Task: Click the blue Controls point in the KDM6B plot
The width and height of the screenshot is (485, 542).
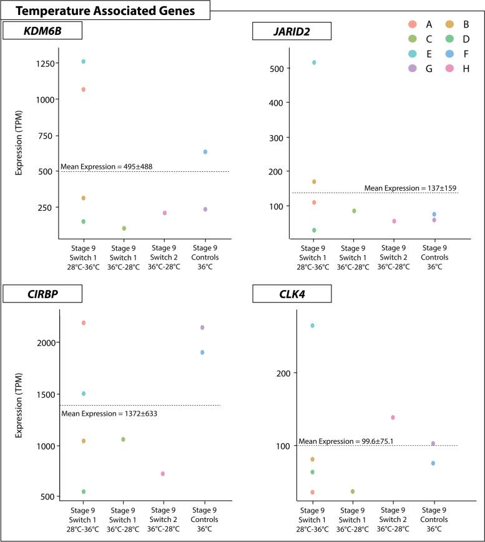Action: [x=205, y=152]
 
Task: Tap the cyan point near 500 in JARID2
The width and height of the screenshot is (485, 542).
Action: [x=314, y=63]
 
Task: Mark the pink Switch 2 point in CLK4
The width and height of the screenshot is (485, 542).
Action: [x=393, y=417]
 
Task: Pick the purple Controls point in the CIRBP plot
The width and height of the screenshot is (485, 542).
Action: [x=202, y=328]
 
